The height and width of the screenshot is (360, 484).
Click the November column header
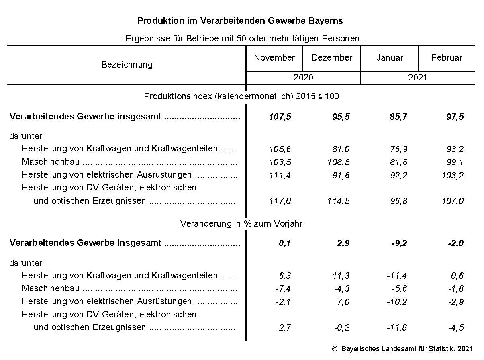click(x=274, y=58)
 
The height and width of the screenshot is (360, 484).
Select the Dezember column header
click(x=332, y=58)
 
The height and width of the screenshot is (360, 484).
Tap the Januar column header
click(x=390, y=58)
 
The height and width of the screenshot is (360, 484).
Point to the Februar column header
click(x=447, y=58)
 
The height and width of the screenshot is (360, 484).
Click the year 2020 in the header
click(x=303, y=78)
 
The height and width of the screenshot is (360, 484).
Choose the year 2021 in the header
click(x=418, y=78)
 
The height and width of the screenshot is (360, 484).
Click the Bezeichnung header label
click(x=127, y=65)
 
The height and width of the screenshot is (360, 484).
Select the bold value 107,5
click(x=280, y=117)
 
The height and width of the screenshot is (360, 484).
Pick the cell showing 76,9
click(x=398, y=149)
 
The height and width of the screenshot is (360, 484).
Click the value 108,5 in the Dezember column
click(x=339, y=162)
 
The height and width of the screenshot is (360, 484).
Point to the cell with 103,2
click(x=453, y=175)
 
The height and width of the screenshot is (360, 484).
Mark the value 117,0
click(x=280, y=201)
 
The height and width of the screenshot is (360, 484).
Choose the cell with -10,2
click(x=396, y=302)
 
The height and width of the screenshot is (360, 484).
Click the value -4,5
click(x=456, y=327)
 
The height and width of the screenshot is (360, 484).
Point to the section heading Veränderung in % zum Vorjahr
click(x=241, y=224)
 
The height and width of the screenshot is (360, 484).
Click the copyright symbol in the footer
click(x=335, y=349)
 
